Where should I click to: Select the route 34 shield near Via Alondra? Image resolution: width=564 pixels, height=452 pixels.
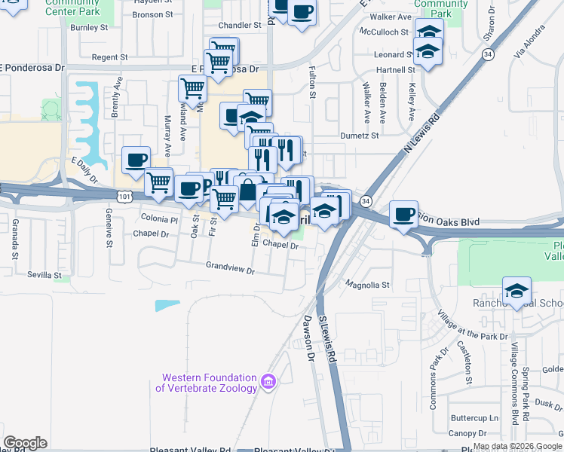pos(489,55)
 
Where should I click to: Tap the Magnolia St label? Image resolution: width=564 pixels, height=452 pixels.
pos(367,285)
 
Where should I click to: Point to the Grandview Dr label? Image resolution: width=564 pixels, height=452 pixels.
pos(231,265)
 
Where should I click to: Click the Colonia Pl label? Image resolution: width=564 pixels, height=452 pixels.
pos(158,219)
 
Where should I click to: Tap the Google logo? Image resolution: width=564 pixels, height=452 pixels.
pos(25,442)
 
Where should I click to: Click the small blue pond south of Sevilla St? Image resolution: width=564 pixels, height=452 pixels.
pos(168,305)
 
